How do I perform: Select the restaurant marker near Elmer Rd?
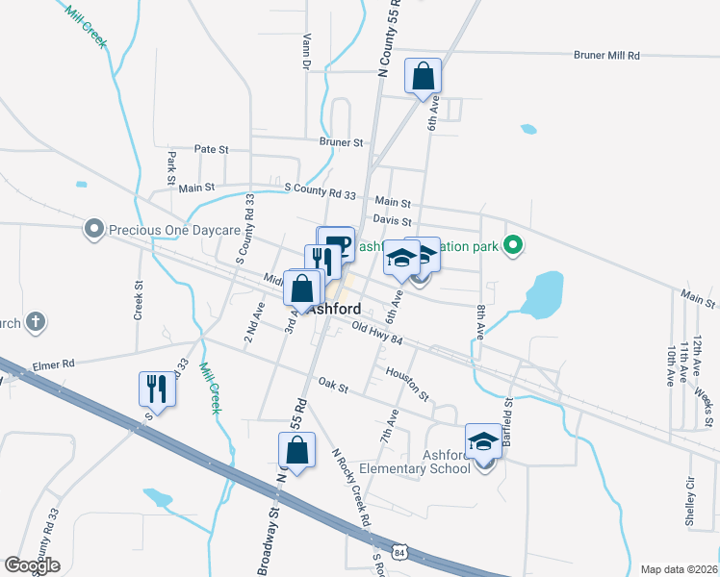coord(157,389)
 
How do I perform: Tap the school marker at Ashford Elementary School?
coord(484,442)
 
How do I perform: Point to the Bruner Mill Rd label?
coord(606,56)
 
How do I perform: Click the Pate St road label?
coord(211,149)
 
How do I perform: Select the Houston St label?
coord(407,382)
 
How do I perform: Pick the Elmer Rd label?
coord(54,364)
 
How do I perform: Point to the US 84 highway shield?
coord(412,550)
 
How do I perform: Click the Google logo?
coord(32,565)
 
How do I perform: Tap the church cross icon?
coord(35,321)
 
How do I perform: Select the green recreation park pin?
coord(513,247)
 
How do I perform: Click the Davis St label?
coord(393,221)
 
